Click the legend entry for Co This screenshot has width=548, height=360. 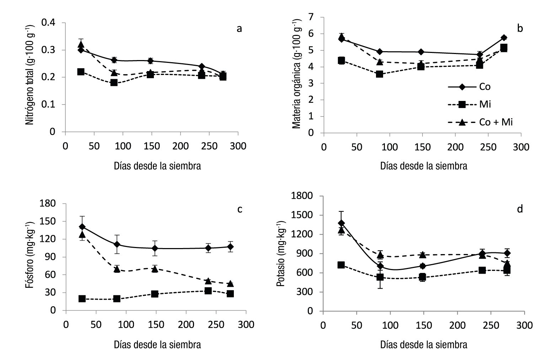click(x=485, y=87)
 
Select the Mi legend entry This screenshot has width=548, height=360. click(x=485, y=104)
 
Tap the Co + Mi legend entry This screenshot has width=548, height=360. click(x=496, y=122)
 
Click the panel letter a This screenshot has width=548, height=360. click(x=240, y=28)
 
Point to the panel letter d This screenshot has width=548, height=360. click(x=520, y=209)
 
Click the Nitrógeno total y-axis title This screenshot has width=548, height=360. click(x=30, y=74)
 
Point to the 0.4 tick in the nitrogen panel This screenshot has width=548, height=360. click(x=48, y=23)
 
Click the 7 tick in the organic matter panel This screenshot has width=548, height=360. click(x=311, y=17)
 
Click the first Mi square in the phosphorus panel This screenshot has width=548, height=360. click(x=82, y=299)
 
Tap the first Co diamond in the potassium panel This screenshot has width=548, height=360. click(x=342, y=223)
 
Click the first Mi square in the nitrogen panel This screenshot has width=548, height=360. click(x=81, y=72)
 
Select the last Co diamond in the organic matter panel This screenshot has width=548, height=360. click(x=504, y=38)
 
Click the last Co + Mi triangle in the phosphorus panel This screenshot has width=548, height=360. click(x=230, y=284)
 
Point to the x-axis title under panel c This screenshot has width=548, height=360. click(x=157, y=344)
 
